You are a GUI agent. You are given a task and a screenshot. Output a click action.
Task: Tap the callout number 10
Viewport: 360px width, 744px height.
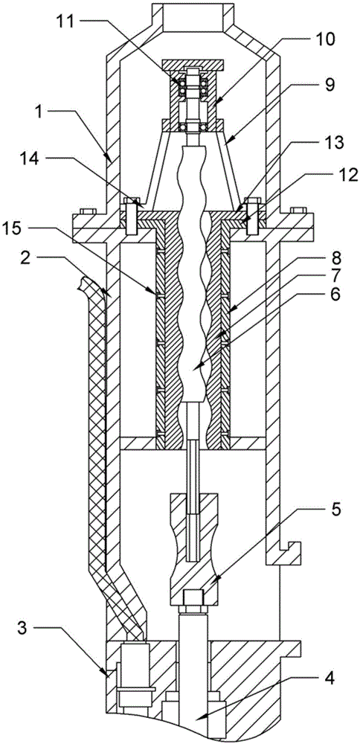click(323, 39)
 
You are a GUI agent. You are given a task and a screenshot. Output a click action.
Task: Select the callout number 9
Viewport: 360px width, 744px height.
click(330, 85)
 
